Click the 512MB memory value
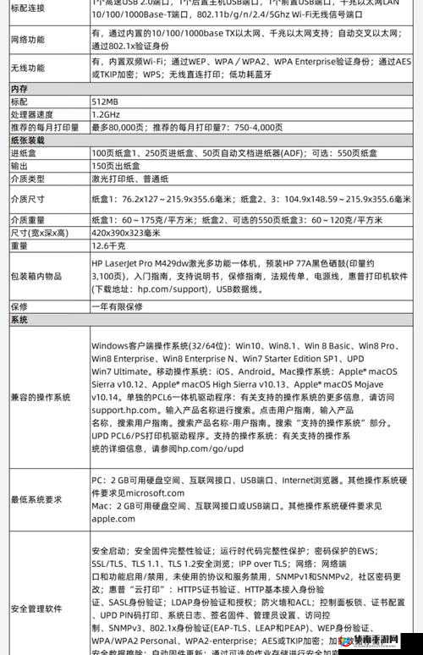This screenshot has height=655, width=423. coord(106,101)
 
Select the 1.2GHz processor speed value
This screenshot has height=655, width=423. coord(106,113)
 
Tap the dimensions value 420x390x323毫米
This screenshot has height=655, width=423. coord(125,233)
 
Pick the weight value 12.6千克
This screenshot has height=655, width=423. coord(108,245)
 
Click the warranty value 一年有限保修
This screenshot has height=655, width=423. coord(118,305)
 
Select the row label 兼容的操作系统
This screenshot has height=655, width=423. coord(40,398)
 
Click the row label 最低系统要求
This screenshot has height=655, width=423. coord(36,499)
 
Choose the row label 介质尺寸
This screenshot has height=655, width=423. coord(28,199)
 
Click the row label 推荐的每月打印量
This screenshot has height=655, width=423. coord(45,126)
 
